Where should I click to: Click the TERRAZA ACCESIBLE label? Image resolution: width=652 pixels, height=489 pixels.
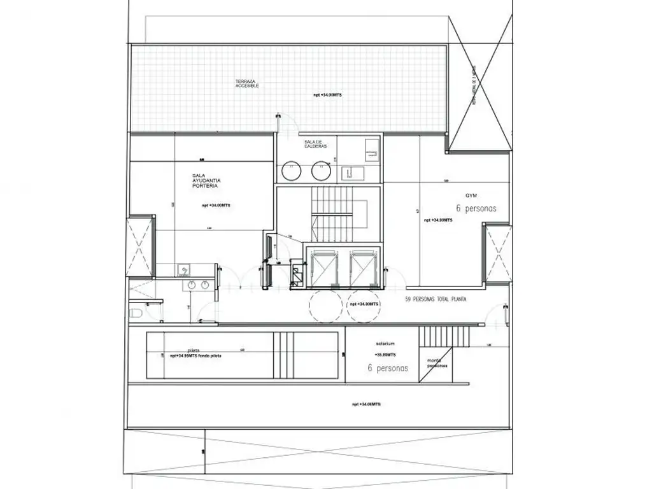coord(246,83)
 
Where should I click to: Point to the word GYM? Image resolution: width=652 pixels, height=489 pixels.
coord(471,195)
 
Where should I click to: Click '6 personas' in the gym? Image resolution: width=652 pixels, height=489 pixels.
coord(476,208)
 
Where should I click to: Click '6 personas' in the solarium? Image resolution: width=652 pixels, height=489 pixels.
coord(388,368)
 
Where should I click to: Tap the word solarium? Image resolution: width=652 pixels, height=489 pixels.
coord(386,344)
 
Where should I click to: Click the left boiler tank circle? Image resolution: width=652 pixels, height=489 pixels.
coord(292,170)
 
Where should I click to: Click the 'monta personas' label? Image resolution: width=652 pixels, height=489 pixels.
coord(437,364)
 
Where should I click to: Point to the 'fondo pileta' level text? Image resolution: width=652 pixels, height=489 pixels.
coord(195,356)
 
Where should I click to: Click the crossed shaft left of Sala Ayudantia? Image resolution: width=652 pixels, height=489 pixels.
coord(140,246)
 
